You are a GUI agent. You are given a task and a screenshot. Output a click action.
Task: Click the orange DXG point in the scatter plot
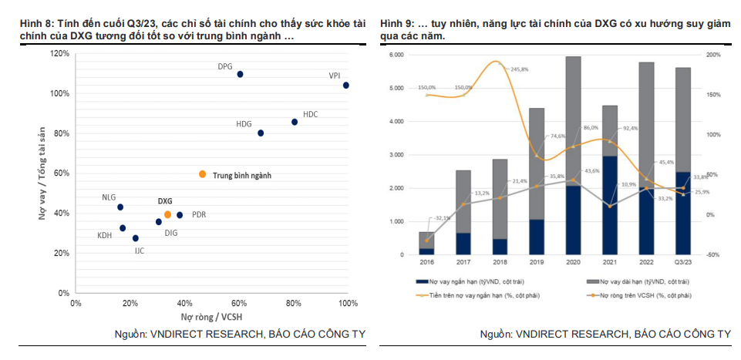[167, 214]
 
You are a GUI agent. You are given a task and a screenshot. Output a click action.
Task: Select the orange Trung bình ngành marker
[202, 174]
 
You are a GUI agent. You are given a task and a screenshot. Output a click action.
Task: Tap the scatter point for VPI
[345, 86]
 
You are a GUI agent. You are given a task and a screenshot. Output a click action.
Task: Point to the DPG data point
[240, 74]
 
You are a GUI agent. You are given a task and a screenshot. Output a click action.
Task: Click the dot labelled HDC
[294, 122]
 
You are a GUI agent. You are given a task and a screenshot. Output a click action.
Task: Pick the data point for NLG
[120, 207]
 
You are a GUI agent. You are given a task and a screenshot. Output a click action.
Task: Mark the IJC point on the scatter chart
[136, 238]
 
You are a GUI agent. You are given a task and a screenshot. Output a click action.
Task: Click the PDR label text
[198, 215]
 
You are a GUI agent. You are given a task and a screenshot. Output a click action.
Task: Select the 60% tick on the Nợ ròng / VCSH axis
[239, 303]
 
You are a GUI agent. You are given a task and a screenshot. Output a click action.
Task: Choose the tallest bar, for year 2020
[573, 154]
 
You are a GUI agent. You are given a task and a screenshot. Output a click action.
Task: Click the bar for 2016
[426, 243]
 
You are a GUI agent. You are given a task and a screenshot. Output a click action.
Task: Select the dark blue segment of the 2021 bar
[609, 205]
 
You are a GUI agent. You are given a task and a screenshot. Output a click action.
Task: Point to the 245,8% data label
[519, 69]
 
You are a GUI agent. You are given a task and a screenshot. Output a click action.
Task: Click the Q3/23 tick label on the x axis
[682, 262]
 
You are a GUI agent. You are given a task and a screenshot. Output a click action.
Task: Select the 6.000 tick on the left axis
[396, 55]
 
